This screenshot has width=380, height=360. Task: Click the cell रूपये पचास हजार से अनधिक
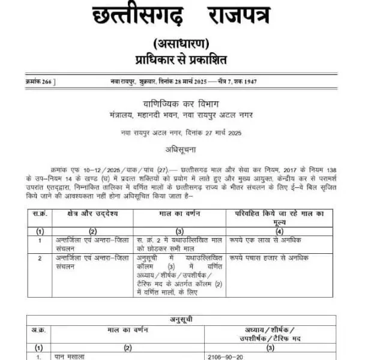(x=268, y=258)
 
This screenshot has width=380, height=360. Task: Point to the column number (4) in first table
(x=279, y=231)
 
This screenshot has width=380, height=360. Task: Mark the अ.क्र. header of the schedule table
(x=39, y=330)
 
